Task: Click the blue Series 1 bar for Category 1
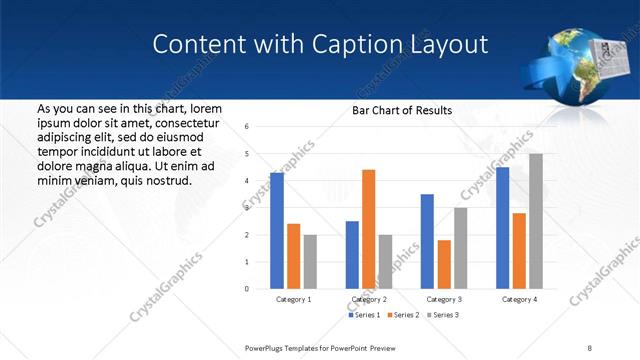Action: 277,230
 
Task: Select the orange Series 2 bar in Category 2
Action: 368,229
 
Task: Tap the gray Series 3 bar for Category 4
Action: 536,221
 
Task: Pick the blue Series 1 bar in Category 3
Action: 427,241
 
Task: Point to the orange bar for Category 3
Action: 444,264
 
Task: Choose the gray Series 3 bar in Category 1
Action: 310,262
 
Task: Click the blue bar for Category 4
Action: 502,227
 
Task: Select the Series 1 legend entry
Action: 364,315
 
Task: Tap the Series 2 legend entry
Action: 402,315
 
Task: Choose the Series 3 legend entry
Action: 441,315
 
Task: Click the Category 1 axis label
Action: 294,299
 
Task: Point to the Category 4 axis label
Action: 519,299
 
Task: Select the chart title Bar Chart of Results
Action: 402,110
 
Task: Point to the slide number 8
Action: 590,346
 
